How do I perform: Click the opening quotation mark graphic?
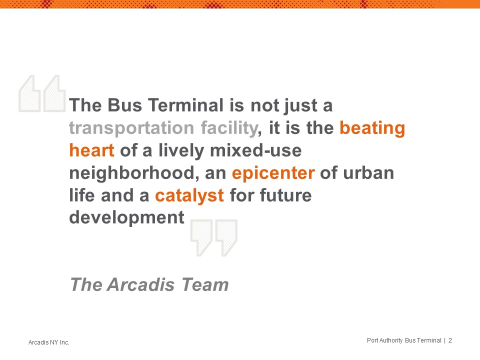tap(42, 93)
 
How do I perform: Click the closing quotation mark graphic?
tap(213, 238)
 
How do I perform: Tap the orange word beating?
tap(372, 128)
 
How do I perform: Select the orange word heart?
tap(92, 150)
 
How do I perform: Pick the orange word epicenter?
tap(273, 173)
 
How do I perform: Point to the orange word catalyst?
tap(189, 196)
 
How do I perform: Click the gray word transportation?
tap(131, 128)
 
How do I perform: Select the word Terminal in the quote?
tap(186, 105)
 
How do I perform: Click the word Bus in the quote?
tap(125, 105)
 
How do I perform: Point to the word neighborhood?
tap(132, 173)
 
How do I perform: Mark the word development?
tap(126, 218)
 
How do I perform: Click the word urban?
tap(368, 173)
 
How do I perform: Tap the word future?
tap(285, 195)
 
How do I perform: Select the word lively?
tap(181, 151)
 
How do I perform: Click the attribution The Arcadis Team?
tap(149, 284)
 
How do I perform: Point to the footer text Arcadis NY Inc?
tap(49, 342)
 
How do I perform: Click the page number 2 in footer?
tap(450, 340)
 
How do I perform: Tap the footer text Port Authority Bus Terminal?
tap(404, 340)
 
